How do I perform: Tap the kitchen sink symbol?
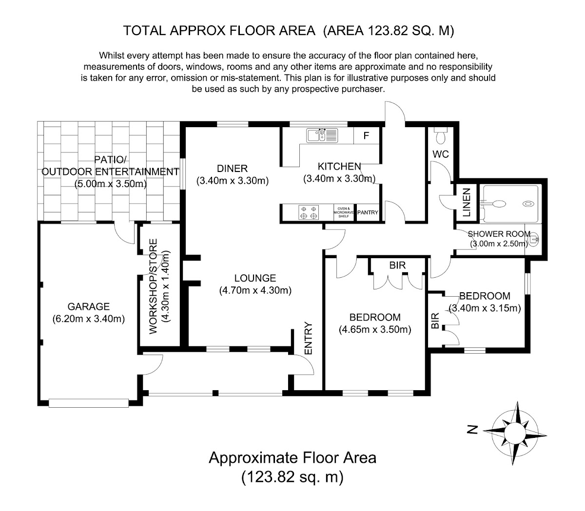click(322, 135)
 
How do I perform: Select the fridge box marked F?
click(366, 136)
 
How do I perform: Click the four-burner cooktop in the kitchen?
click(309, 212)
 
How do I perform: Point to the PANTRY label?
click(368, 212)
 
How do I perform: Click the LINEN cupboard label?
click(467, 202)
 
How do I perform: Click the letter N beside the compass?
click(472, 429)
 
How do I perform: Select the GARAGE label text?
click(88, 306)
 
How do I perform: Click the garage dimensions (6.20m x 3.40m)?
click(89, 319)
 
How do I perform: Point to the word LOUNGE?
click(255, 278)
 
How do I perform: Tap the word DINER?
click(232, 169)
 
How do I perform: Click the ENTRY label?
click(308, 338)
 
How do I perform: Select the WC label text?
click(441, 154)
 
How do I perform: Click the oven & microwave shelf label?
click(344, 212)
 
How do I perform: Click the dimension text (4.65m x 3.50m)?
click(375, 330)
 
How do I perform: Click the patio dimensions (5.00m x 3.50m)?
click(110, 184)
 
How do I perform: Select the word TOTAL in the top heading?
click(144, 31)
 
